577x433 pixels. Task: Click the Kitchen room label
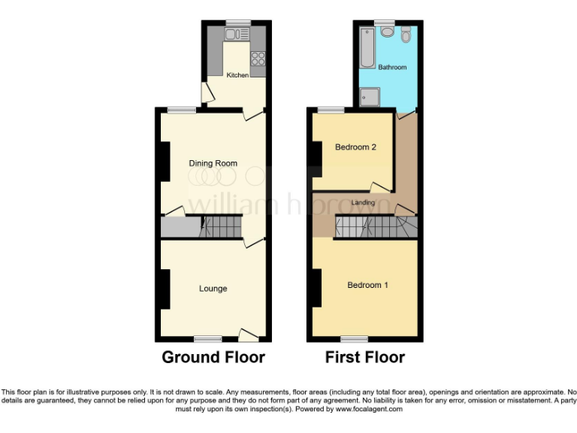point(237,75)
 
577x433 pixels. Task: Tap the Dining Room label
point(213,163)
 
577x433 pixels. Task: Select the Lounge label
point(213,289)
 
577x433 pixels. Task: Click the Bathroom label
point(392,68)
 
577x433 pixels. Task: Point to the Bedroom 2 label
point(355,147)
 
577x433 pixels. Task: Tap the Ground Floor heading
point(213,357)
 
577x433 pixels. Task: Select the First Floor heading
point(365,357)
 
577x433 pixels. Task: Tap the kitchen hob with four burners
point(258,57)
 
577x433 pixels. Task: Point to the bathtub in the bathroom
point(366,46)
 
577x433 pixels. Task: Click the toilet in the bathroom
point(406,34)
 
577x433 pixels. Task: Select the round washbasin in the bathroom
point(387,32)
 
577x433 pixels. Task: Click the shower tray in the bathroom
point(370,97)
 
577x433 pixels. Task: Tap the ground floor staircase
point(222,226)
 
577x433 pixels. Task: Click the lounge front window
point(208,338)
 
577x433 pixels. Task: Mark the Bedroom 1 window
point(359,338)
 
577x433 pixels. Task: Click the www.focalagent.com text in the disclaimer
point(368,410)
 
